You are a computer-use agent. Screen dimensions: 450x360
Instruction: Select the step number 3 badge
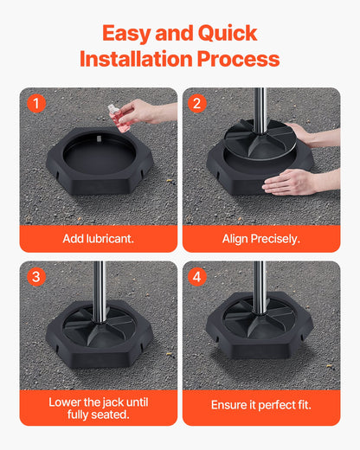pyautogui.click(x=35, y=278)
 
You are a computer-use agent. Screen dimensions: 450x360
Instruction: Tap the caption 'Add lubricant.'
pyautogui.click(x=98, y=238)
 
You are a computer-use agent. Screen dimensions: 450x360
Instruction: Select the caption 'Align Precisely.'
pyautogui.click(x=260, y=238)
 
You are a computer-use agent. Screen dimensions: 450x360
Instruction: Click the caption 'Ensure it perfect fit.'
pyautogui.click(x=260, y=404)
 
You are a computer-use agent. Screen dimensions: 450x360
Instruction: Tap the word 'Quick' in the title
pyautogui.click(x=228, y=34)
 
